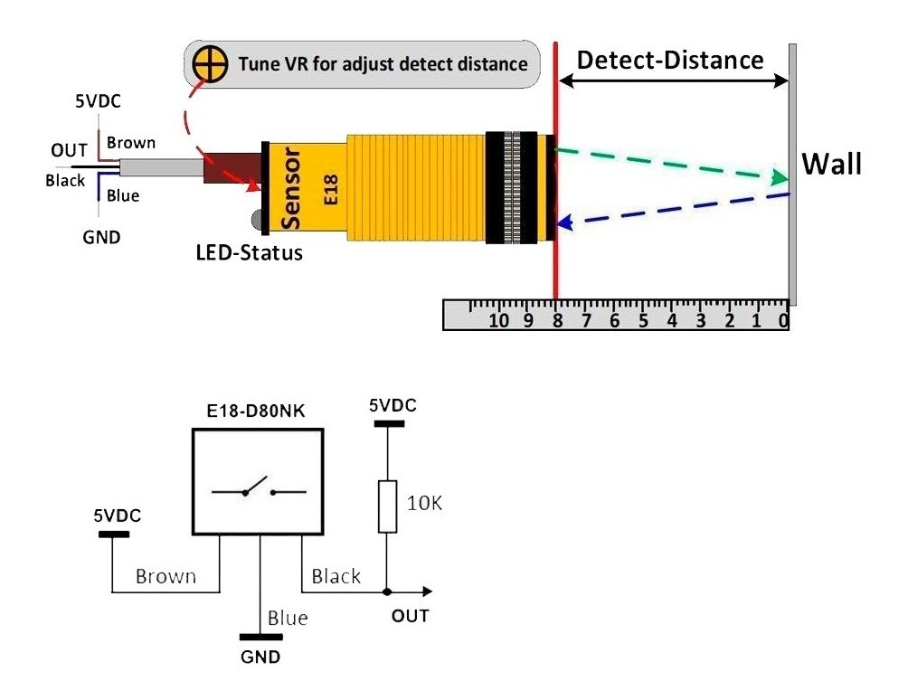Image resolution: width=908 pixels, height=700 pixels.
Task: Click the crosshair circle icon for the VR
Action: (209, 64)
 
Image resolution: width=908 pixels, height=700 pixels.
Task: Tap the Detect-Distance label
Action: (670, 61)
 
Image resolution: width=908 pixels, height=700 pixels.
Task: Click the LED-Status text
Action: (250, 252)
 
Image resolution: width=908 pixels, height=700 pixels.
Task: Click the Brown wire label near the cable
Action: (131, 143)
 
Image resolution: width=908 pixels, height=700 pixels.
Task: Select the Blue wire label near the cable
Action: (123, 195)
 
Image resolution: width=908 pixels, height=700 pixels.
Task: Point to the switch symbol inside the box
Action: (259, 489)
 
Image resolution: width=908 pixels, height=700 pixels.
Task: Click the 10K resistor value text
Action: (425, 504)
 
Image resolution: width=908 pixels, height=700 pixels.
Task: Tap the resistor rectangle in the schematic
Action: (388, 506)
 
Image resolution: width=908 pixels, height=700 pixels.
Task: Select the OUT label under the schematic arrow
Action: (410, 617)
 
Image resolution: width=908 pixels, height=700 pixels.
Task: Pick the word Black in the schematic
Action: (336, 576)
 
